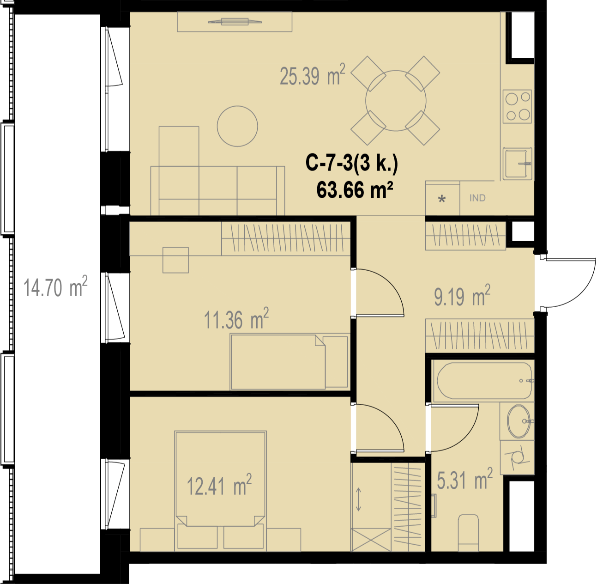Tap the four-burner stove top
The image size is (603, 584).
click(x=517, y=106)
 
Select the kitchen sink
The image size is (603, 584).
click(x=517, y=164)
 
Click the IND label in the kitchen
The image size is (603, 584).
click(x=477, y=198)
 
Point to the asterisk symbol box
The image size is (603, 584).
click(x=442, y=199)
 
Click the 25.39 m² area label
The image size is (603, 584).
click(x=312, y=75)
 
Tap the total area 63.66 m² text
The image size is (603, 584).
click(x=355, y=190)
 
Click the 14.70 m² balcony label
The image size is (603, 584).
click(x=55, y=287)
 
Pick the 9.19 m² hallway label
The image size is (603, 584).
click(x=462, y=296)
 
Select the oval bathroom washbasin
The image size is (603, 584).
click(x=519, y=421)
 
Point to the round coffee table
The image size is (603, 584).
click(x=237, y=126)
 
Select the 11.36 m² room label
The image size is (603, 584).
click(x=236, y=318)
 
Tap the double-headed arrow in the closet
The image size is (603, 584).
click(x=358, y=499)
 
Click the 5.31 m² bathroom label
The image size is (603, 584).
click(x=465, y=479)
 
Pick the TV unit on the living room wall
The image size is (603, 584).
click(x=235, y=22)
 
